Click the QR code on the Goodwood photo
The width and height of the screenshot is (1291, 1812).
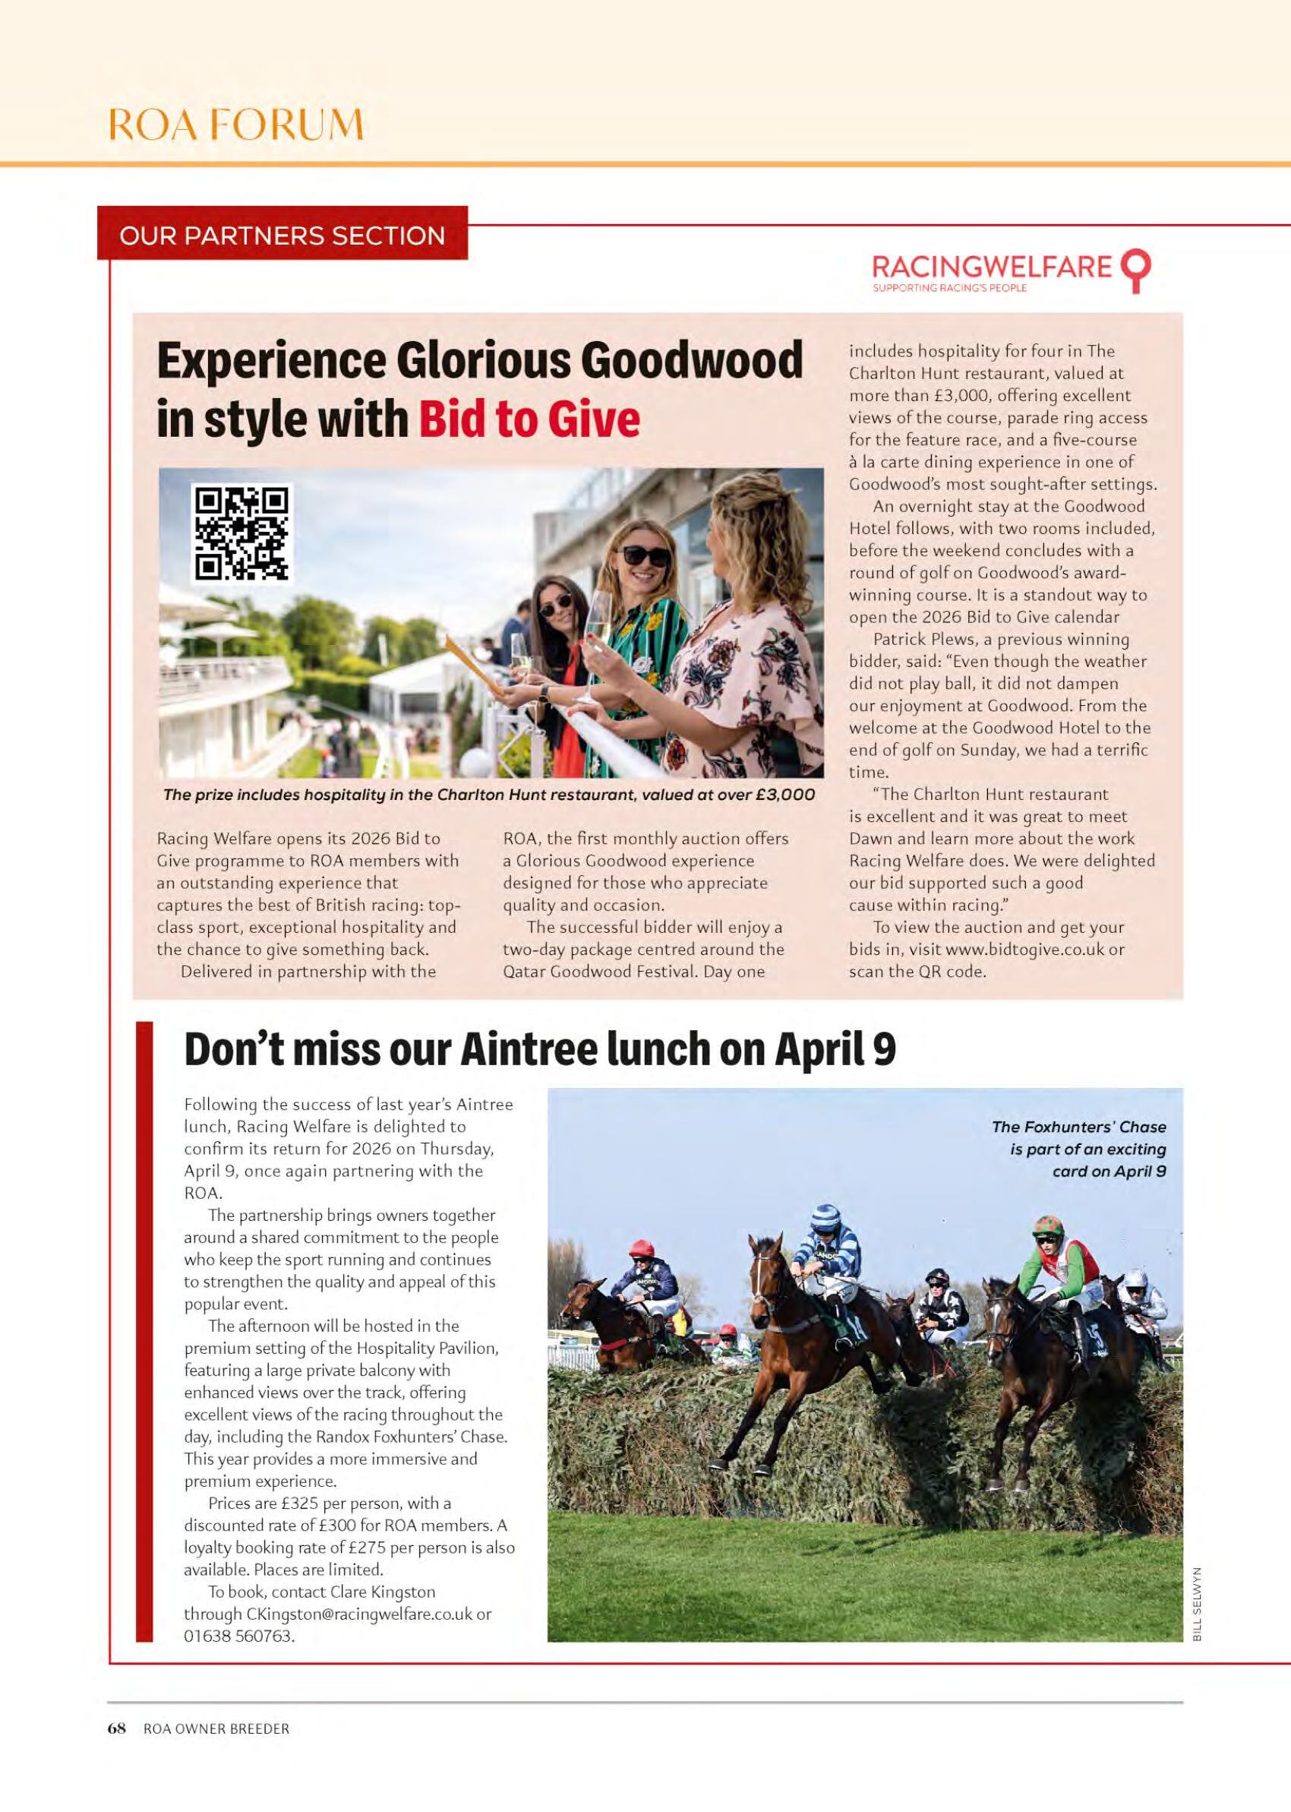pos(241,532)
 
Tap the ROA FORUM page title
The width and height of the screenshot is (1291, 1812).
pos(236,125)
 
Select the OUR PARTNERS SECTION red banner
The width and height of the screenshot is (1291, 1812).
pos(283,236)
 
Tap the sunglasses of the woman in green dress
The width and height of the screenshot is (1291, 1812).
pos(645,554)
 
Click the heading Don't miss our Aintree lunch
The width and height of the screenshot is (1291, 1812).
pos(540,1049)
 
